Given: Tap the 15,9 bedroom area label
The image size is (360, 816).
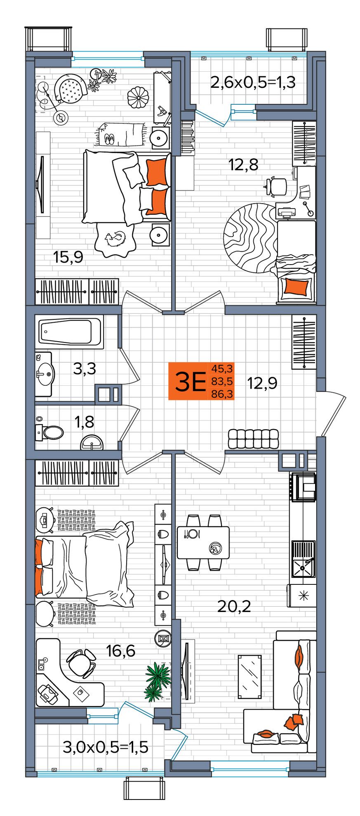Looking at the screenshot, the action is click(68, 258).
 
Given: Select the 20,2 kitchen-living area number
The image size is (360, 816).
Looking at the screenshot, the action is click(234, 607).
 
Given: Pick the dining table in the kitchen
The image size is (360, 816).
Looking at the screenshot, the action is click(203, 542).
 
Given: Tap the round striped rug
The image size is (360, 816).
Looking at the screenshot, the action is click(250, 238).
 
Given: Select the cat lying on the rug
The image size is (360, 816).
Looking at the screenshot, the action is click(115, 239).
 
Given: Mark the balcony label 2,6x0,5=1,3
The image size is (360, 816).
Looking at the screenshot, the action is click(252, 82).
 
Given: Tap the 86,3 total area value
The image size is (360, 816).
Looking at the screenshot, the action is click(222, 394).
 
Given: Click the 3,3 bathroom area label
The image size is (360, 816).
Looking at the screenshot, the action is click(85, 369).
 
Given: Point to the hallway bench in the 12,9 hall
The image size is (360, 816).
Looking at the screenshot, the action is click(253, 439).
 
